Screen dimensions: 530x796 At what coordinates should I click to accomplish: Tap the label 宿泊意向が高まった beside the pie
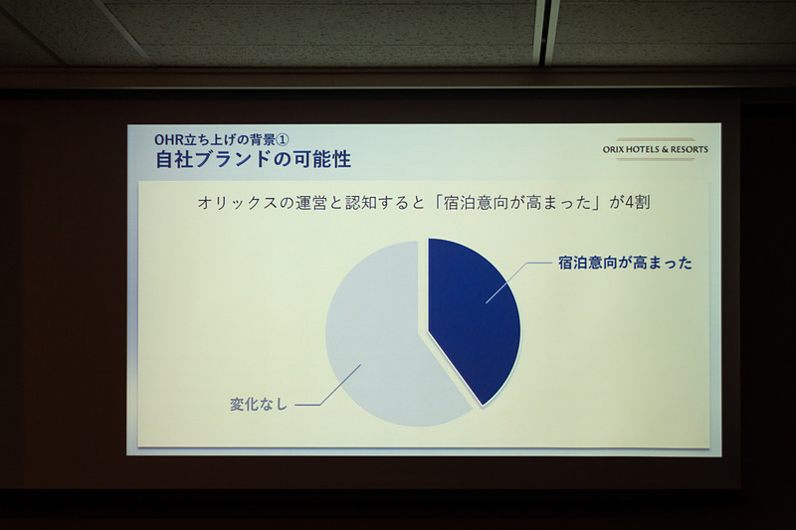pyautogui.click(x=625, y=264)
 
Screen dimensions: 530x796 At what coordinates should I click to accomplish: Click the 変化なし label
pyautogui.click(x=258, y=404)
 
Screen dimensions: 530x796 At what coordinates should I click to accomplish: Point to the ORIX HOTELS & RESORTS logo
pyautogui.click(x=656, y=149)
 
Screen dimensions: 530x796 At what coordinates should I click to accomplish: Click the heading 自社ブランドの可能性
pyautogui.click(x=253, y=158)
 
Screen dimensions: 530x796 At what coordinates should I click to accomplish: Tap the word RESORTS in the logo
pyautogui.click(x=688, y=149)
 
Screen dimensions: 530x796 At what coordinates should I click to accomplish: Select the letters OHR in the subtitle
pyautogui.click(x=171, y=138)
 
